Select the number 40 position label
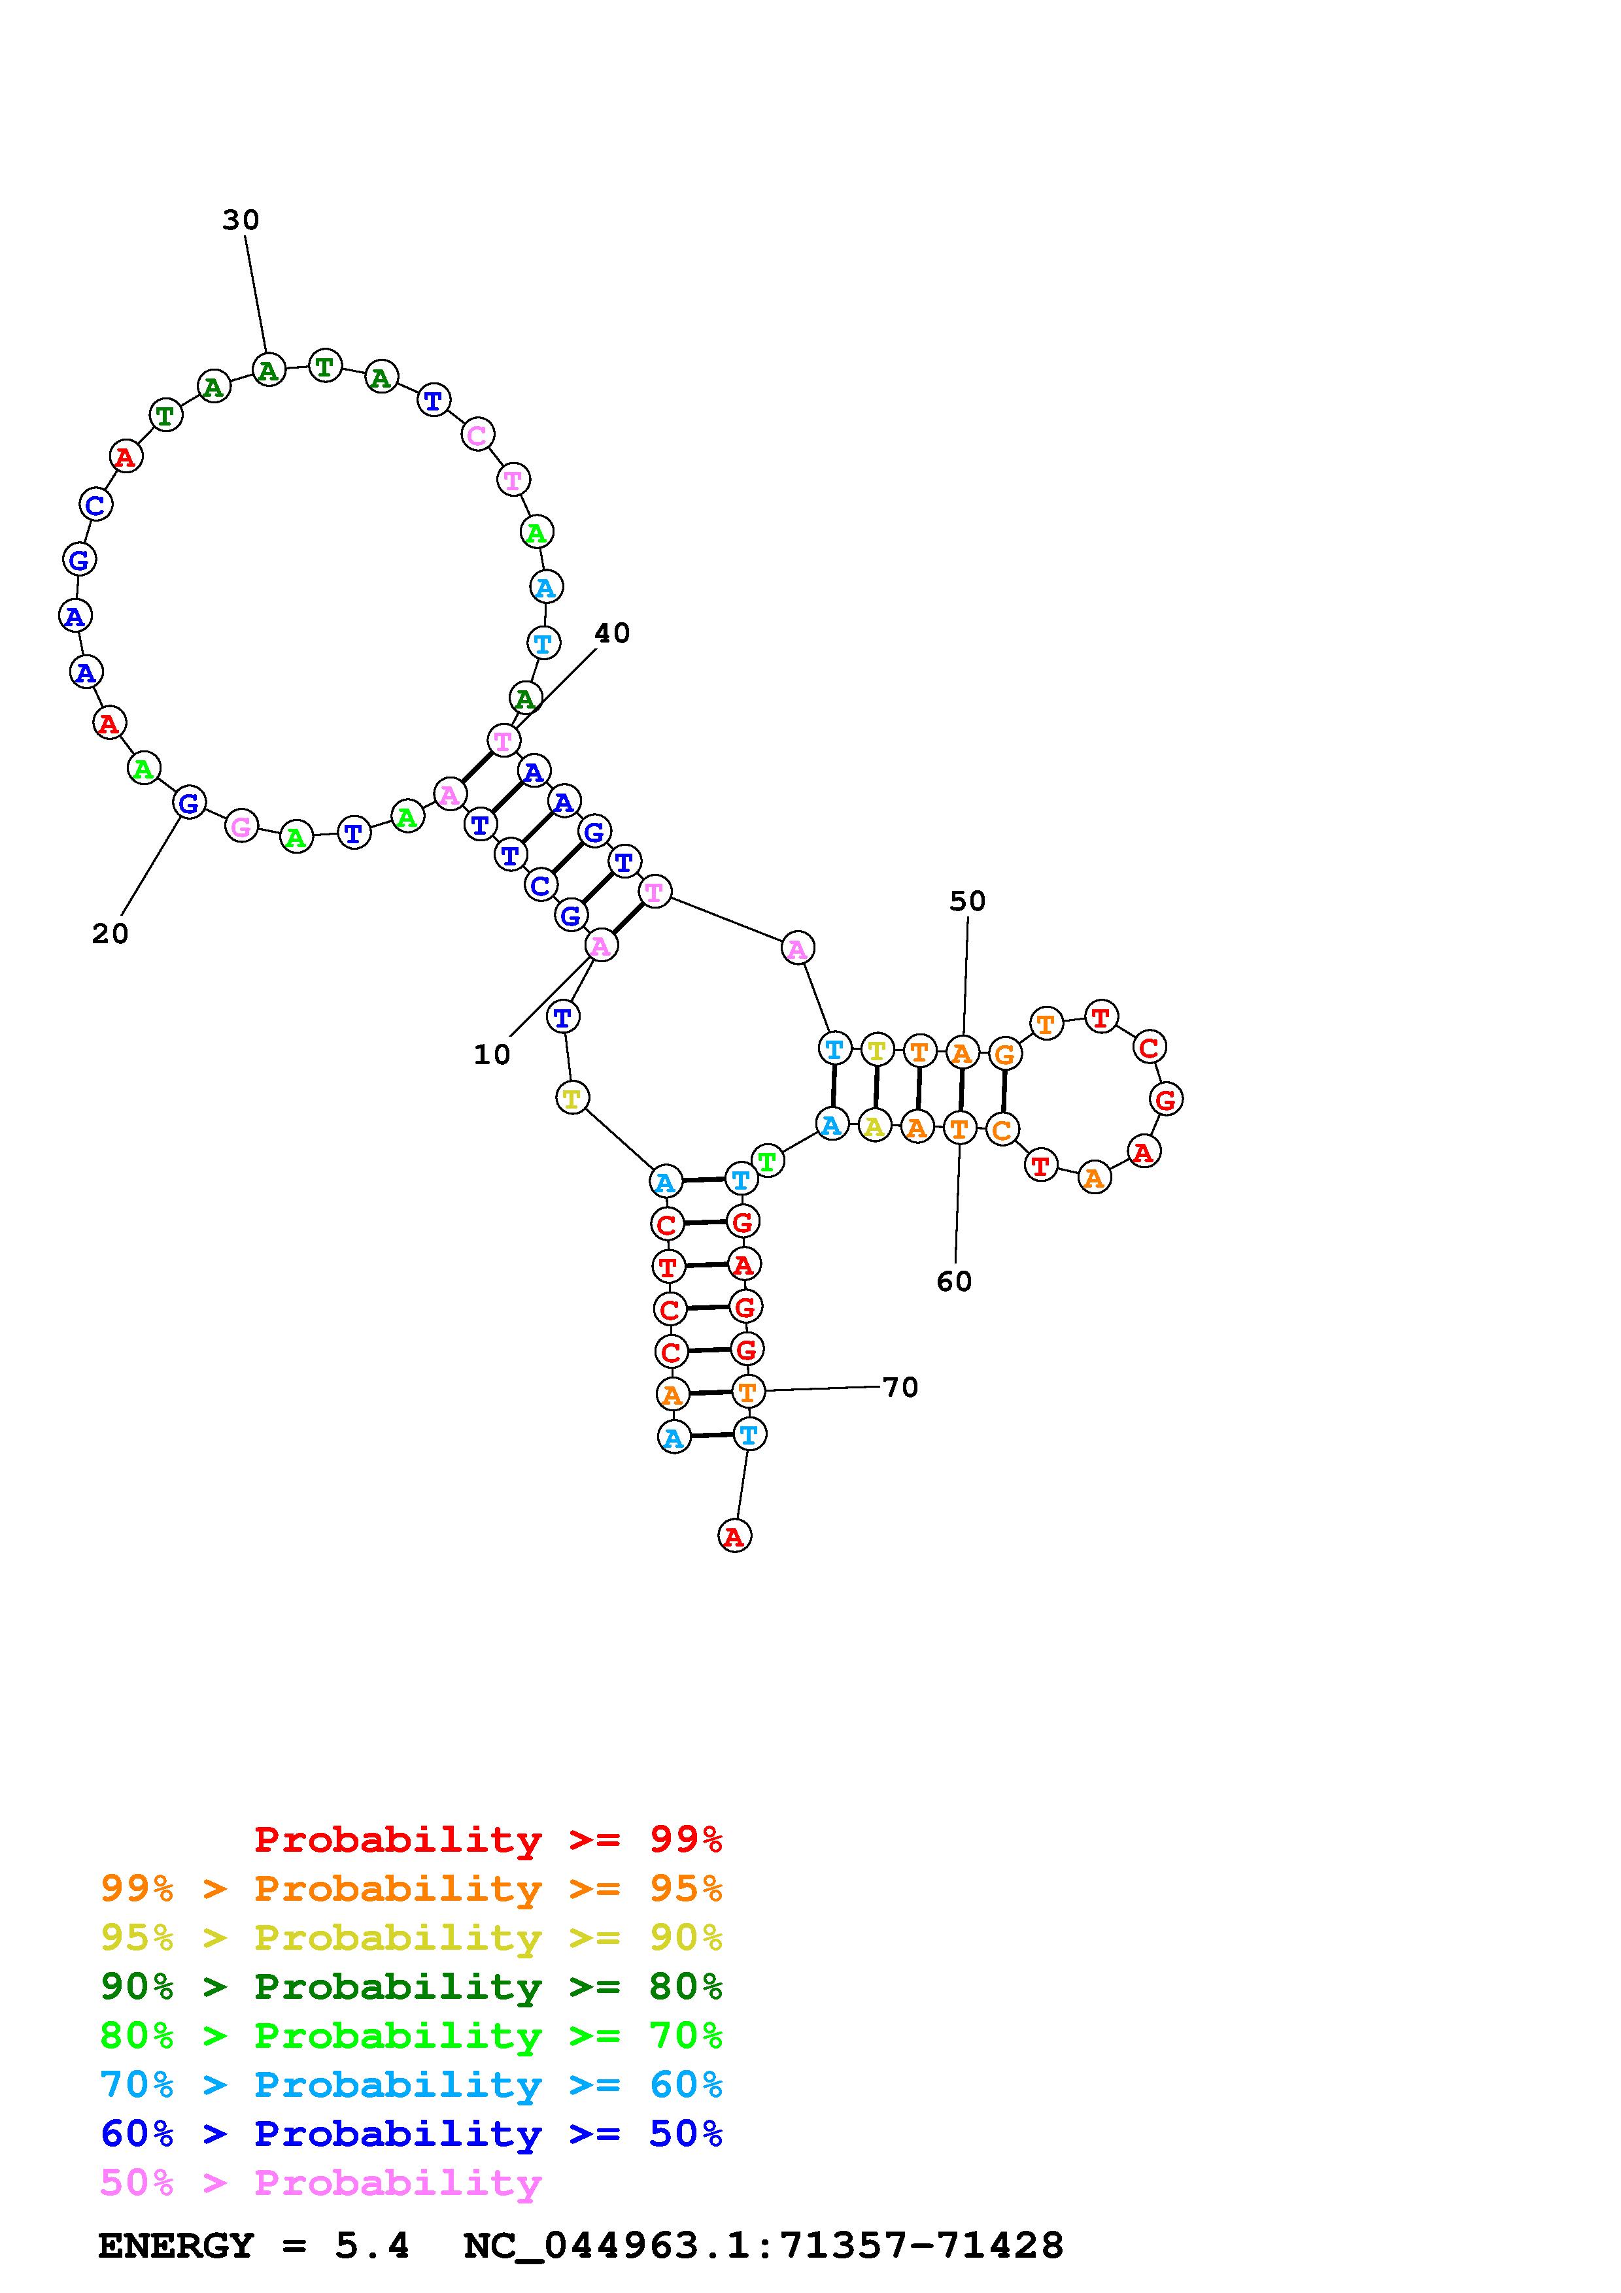pos(611,633)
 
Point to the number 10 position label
pos(491,1054)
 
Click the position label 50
pos(967,901)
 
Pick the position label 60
pos(954,1280)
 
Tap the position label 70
pos(900,1386)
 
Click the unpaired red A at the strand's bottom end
pos(734,1536)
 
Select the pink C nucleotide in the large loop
pos(477,435)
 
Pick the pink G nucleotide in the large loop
pos(241,826)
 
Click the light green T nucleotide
pos(766,1162)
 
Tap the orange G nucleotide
pos(1004,1054)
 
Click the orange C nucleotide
pos(1002,1131)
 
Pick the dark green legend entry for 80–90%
pos(411,1986)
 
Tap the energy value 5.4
pos(371,2245)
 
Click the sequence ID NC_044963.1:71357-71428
pos(763,2245)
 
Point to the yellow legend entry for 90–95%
pos(411,1937)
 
